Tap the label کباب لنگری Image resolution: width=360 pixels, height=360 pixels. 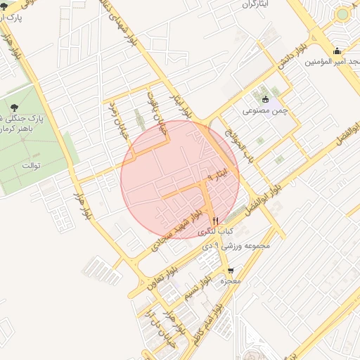[215, 231]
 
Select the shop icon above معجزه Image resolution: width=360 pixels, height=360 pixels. [231, 271]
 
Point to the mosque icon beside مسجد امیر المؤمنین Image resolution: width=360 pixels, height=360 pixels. [338, 51]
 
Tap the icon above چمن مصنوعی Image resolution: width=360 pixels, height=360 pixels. [265, 99]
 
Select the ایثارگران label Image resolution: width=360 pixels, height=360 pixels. [257, 4]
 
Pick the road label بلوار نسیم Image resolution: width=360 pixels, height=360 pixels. [199, 290]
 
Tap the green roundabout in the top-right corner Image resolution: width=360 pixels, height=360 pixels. [342, 13]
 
